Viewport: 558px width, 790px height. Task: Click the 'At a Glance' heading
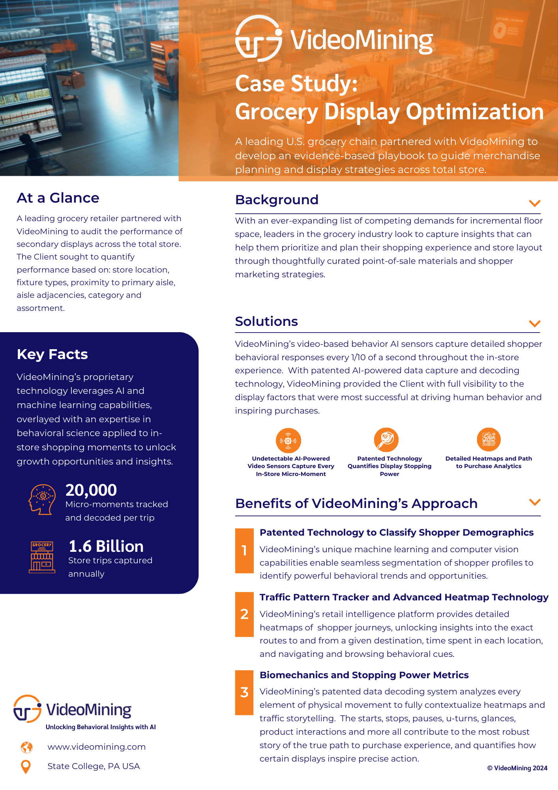(58, 198)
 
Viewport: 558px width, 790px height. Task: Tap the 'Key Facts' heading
(52, 354)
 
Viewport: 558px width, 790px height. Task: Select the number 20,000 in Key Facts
(91, 490)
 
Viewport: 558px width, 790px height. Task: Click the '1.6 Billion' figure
(106, 546)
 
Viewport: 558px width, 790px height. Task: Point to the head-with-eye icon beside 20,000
(42, 499)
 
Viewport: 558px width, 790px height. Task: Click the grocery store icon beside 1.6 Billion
(42, 557)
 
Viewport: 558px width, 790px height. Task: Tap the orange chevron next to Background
(534, 203)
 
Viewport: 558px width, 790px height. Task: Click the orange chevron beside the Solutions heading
(534, 324)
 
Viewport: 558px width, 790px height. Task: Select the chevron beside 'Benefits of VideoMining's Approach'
(534, 502)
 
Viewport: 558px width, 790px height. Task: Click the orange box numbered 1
(244, 551)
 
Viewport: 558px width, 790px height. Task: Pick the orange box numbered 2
(244, 614)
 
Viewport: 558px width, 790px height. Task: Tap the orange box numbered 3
(244, 692)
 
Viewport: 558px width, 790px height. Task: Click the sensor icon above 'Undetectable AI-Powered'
(288, 440)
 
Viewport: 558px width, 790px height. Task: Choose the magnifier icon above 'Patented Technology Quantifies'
(386, 440)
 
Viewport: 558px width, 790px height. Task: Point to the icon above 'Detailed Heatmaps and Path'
(489, 440)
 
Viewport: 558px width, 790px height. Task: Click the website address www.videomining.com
(97, 747)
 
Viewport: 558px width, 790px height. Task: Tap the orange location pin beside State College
(26, 767)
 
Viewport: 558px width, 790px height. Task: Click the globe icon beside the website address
(26, 747)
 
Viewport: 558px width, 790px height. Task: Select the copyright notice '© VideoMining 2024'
(517, 768)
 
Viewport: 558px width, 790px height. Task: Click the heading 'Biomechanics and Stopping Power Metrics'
(364, 675)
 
